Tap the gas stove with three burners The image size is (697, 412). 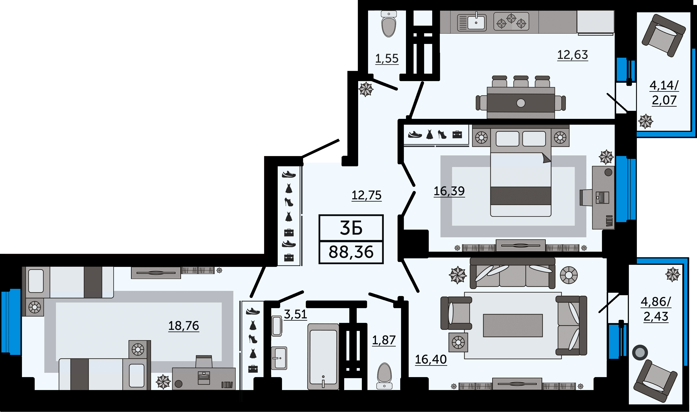pyautogui.click(x=511, y=21)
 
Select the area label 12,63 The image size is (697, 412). pyautogui.click(x=572, y=55)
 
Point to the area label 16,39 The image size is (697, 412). pyautogui.click(x=449, y=191)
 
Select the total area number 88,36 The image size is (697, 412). pyautogui.click(x=351, y=252)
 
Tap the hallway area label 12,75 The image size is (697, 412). pyautogui.click(x=366, y=195)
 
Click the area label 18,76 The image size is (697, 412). pyautogui.click(x=183, y=326)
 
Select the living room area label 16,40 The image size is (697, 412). pyautogui.click(x=431, y=359)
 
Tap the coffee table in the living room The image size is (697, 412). pyautogui.click(x=513, y=325)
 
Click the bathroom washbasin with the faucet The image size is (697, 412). pyautogui.click(x=279, y=358)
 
